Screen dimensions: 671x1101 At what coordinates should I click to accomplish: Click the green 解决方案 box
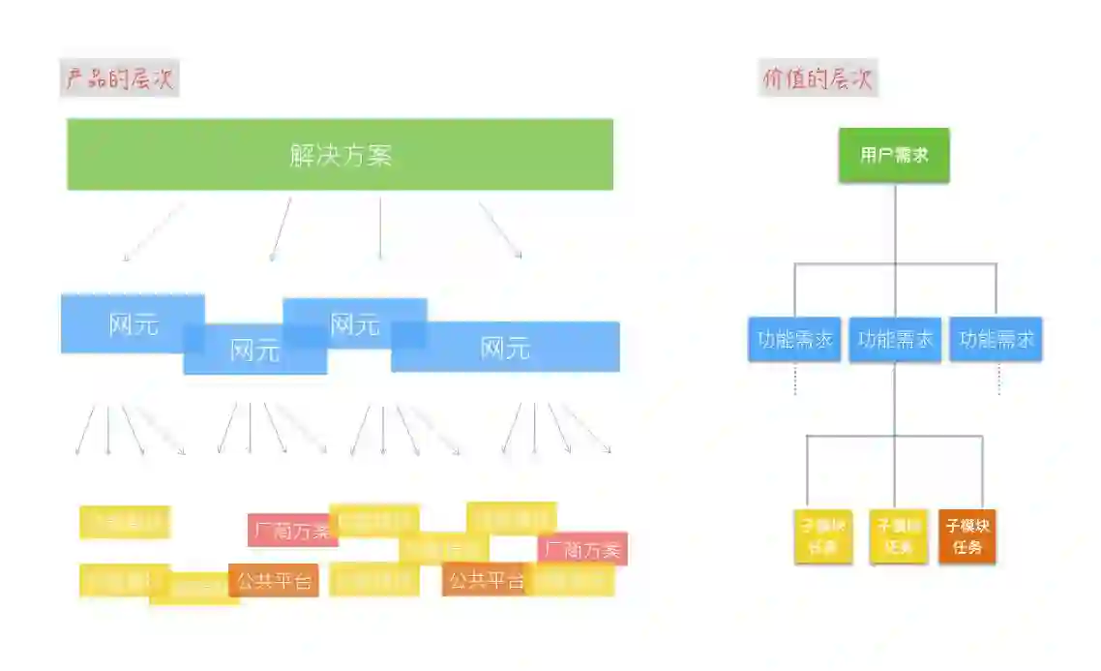(x=340, y=155)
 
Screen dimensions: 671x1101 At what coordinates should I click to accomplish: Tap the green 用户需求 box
(x=894, y=155)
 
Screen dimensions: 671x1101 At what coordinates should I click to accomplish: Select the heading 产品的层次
(x=119, y=78)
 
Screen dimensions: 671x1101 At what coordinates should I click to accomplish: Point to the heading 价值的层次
(x=818, y=78)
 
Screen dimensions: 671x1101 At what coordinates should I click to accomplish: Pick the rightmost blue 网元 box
(x=506, y=348)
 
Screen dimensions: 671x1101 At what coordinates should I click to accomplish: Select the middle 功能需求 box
(x=895, y=340)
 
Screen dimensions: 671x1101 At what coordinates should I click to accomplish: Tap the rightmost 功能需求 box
(x=996, y=340)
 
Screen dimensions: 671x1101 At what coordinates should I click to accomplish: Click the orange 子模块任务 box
(x=967, y=536)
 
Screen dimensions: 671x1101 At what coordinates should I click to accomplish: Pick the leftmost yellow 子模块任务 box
(x=822, y=536)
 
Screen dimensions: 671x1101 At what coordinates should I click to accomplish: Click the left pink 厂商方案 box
(x=291, y=531)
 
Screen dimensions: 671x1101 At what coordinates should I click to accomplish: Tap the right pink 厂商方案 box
(x=582, y=549)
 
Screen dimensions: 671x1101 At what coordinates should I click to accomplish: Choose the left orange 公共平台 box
(x=274, y=581)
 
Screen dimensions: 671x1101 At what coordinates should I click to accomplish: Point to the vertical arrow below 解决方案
(x=379, y=229)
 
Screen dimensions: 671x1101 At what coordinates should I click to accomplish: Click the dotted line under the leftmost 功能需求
(x=794, y=379)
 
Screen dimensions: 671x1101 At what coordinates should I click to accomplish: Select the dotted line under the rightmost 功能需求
(x=997, y=379)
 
